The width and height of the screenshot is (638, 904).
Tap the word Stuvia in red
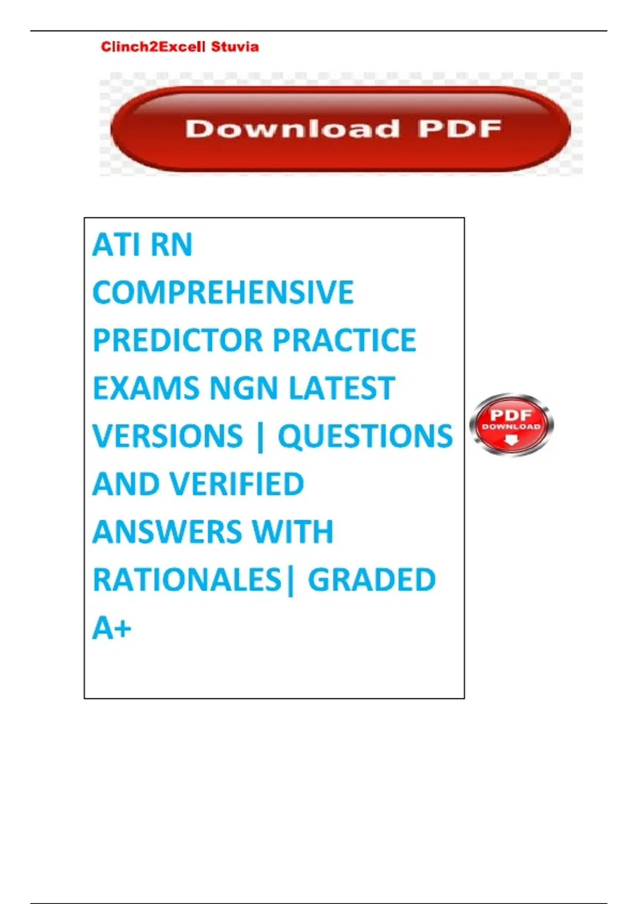[x=235, y=47]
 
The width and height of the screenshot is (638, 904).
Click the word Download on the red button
[x=292, y=129]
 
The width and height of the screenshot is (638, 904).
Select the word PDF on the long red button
[x=460, y=129]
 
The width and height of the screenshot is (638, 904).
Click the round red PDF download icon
[x=511, y=424]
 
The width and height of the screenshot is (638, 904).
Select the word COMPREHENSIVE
[x=223, y=292]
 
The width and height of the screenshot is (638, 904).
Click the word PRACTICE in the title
[x=345, y=340]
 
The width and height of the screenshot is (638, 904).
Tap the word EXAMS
[x=146, y=388]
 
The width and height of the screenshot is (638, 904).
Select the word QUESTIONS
[x=365, y=436]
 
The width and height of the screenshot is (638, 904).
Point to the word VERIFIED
[x=236, y=484]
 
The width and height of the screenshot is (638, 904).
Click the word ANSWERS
[x=167, y=532]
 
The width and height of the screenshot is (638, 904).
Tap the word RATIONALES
[x=187, y=580]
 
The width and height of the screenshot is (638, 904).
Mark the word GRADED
[x=372, y=580]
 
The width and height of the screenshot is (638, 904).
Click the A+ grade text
[x=112, y=627]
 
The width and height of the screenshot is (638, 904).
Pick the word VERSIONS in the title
[x=167, y=436]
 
